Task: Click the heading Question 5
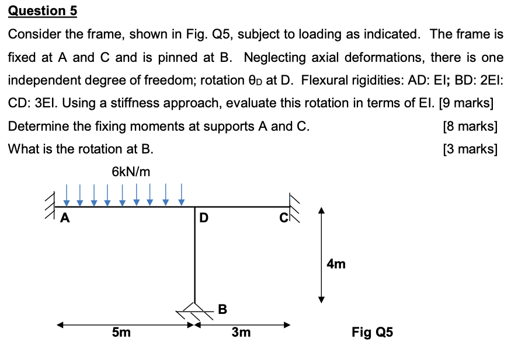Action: click(42, 11)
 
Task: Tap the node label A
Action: click(65, 219)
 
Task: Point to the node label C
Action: click(282, 218)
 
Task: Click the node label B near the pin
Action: click(222, 309)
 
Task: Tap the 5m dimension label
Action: click(121, 333)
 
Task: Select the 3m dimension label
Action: click(241, 333)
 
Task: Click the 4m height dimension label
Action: click(336, 264)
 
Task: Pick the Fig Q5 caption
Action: click(372, 333)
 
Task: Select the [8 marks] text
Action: click(470, 126)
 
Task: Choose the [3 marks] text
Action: click(470, 149)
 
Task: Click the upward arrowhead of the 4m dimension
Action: click(320, 210)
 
